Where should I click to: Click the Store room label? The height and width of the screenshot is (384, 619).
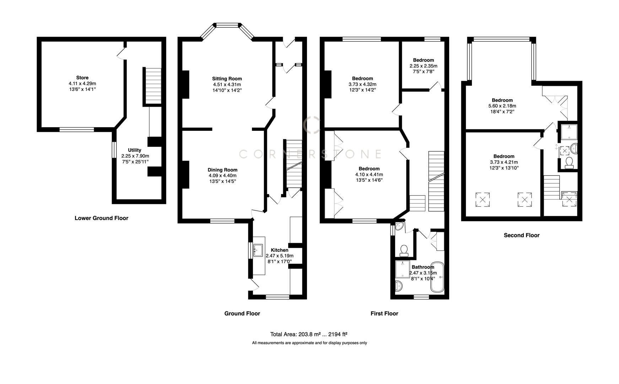82,78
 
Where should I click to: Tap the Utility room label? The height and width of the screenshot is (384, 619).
134,150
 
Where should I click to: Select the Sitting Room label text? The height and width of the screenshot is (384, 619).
227,79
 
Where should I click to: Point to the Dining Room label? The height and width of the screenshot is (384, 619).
222,170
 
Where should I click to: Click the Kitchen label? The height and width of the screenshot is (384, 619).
279,250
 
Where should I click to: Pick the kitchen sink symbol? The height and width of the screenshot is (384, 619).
258,250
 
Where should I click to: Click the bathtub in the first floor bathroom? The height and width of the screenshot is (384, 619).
437,278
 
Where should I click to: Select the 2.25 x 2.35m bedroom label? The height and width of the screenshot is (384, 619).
423,60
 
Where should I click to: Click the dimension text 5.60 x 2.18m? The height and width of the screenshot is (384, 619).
502,106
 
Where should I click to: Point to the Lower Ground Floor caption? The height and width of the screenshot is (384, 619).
101,218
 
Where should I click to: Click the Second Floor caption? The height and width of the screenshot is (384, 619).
521,235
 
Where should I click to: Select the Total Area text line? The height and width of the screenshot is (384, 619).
308,334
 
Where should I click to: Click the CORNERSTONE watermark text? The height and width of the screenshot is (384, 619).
310,154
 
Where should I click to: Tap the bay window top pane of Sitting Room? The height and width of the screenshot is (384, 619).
227,25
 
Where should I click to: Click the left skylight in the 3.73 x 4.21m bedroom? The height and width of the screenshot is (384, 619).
482,199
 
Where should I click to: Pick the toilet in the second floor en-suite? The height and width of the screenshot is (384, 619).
568,162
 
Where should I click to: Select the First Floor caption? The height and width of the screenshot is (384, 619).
384,313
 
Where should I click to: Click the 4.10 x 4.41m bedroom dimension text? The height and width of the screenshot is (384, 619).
369,175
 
